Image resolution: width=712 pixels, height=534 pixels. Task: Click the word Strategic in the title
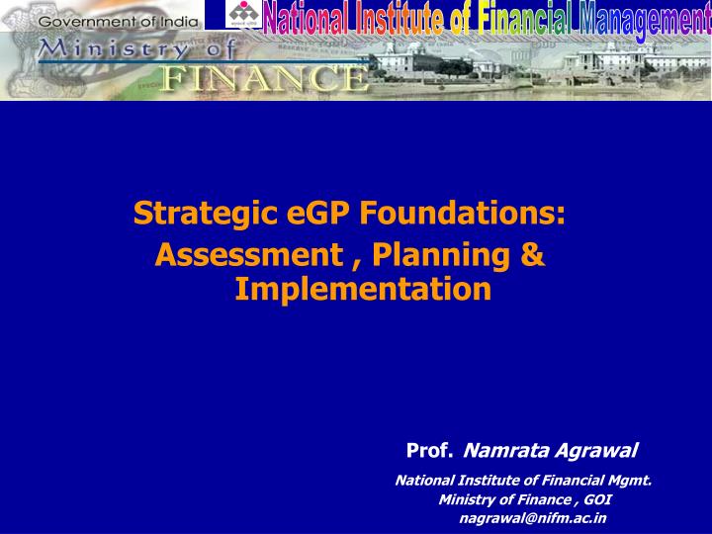pos(193,213)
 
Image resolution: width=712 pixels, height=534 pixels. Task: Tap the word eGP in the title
pos(296,213)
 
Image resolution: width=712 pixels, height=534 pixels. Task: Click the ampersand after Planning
pos(531,255)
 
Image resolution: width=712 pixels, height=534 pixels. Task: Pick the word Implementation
pos(363,289)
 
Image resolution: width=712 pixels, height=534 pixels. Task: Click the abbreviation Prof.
pos(429,452)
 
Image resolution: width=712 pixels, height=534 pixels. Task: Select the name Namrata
pos(504,452)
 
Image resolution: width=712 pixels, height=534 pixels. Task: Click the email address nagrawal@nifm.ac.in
pos(533,517)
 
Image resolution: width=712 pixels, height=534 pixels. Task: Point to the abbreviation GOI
pos(597,499)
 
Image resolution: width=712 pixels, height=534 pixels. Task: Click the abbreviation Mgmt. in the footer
pos(629,482)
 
